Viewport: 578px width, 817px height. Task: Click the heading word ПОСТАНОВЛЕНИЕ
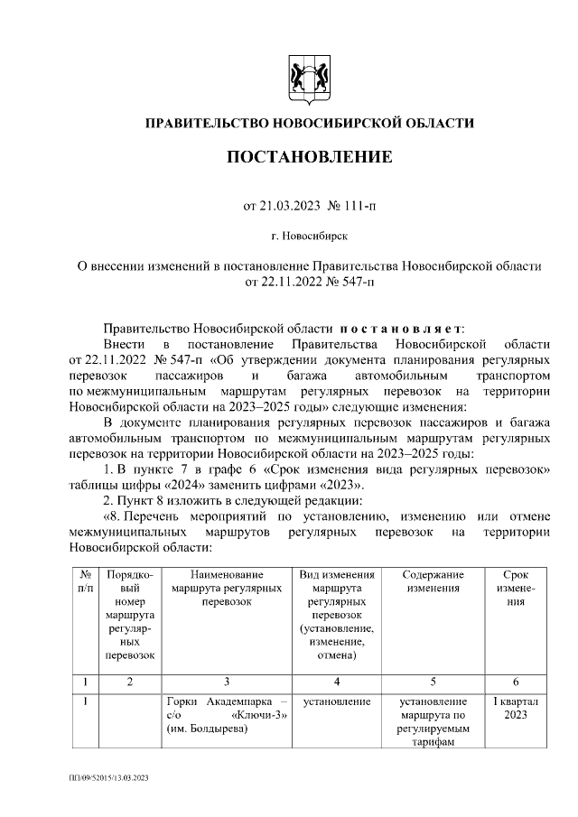[309, 157]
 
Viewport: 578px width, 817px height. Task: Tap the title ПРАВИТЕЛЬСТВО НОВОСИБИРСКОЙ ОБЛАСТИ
[309, 123]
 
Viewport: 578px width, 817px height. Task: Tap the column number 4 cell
[336, 682]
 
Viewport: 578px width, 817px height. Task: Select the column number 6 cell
[515, 682]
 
